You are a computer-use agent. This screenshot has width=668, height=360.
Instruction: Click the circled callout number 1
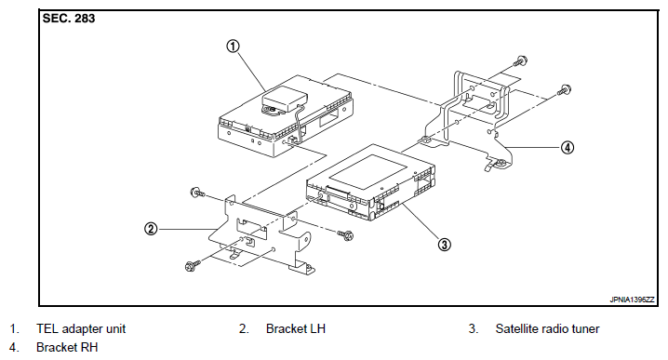[x=233, y=46]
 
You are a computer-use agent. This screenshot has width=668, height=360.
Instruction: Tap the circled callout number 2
[x=151, y=229]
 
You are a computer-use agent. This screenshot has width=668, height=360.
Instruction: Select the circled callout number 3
[x=444, y=245]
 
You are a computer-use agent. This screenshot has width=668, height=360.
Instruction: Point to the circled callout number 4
[x=567, y=148]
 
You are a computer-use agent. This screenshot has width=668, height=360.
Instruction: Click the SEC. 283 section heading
[x=69, y=19]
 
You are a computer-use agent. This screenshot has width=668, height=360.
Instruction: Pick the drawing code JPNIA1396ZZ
[x=632, y=300]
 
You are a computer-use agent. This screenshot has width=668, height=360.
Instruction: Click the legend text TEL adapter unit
[x=81, y=329]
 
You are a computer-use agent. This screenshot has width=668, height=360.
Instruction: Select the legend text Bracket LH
[x=296, y=329]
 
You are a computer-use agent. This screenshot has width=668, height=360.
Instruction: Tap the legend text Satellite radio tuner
[x=547, y=329]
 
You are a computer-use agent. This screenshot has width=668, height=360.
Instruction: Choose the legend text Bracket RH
[x=67, y=347]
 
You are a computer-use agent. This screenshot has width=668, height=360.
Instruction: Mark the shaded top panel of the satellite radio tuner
[x=368, y=172]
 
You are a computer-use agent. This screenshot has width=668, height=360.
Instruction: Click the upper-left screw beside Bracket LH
[x=197, y=193]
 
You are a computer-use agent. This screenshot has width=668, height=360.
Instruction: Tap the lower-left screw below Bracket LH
[x=191, y=266]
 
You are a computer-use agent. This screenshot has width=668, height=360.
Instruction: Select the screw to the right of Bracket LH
[x=346, y=234]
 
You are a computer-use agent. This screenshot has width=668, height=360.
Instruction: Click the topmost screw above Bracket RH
[x=520, y=60]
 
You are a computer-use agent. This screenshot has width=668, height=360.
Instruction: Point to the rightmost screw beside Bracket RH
[x=565, y=90]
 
